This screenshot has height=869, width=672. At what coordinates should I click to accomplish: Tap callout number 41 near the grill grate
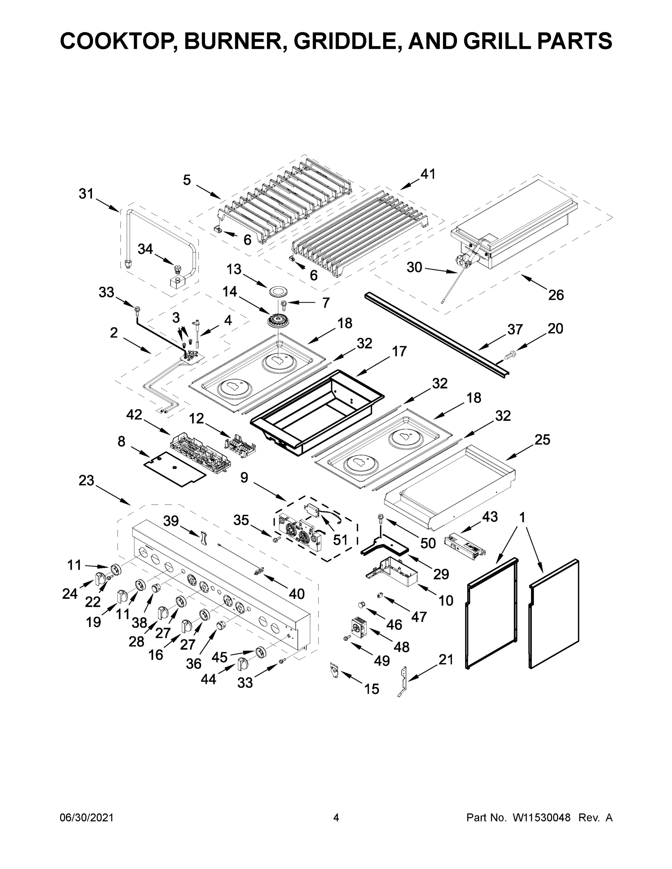pyautogui.click(x=428, y=174)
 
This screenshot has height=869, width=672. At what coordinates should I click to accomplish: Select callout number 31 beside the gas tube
pyautogui.click(x=86, y=194)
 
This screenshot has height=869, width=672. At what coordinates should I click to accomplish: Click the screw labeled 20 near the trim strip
pyautogui.click(x=509, y=354)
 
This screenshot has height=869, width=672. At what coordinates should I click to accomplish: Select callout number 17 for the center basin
pyautogui.click(x=399, y=351)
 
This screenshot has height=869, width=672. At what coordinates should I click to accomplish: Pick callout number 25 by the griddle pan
pyautogui.click(x=542, y=439)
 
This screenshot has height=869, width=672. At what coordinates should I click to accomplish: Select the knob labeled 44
pyautogui.click(x=242, y=664)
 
